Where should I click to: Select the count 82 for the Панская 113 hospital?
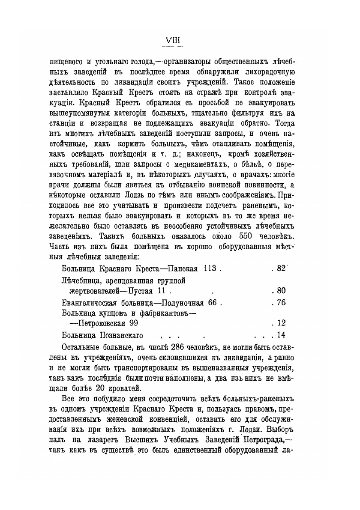click(x=281, y=268)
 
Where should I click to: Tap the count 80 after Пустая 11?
click(x=281, y=291)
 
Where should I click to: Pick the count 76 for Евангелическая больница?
click(x=281, y=303)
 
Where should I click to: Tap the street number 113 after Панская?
click(x=208, y=269)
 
